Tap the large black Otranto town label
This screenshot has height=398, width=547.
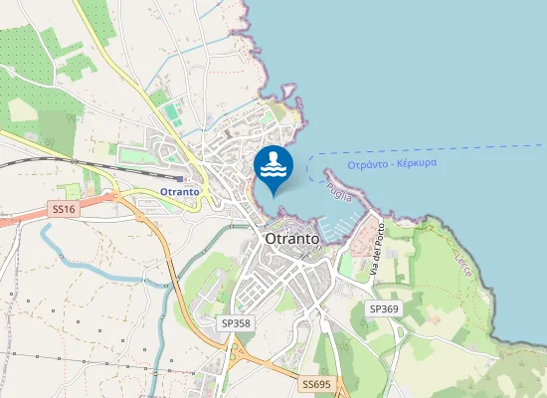coord(292,240)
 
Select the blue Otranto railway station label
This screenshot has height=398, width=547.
coord(179,191)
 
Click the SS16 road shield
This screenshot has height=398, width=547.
coord(63,209)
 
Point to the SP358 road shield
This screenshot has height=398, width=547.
coord(236,323)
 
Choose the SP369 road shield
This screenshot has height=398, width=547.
coord(384,309)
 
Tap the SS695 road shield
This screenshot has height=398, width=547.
coord(316,383)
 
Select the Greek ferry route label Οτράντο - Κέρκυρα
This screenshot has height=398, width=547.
coord(392,163)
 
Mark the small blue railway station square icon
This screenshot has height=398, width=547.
coord(179,179)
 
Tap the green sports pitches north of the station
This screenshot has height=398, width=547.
coord(174,114)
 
